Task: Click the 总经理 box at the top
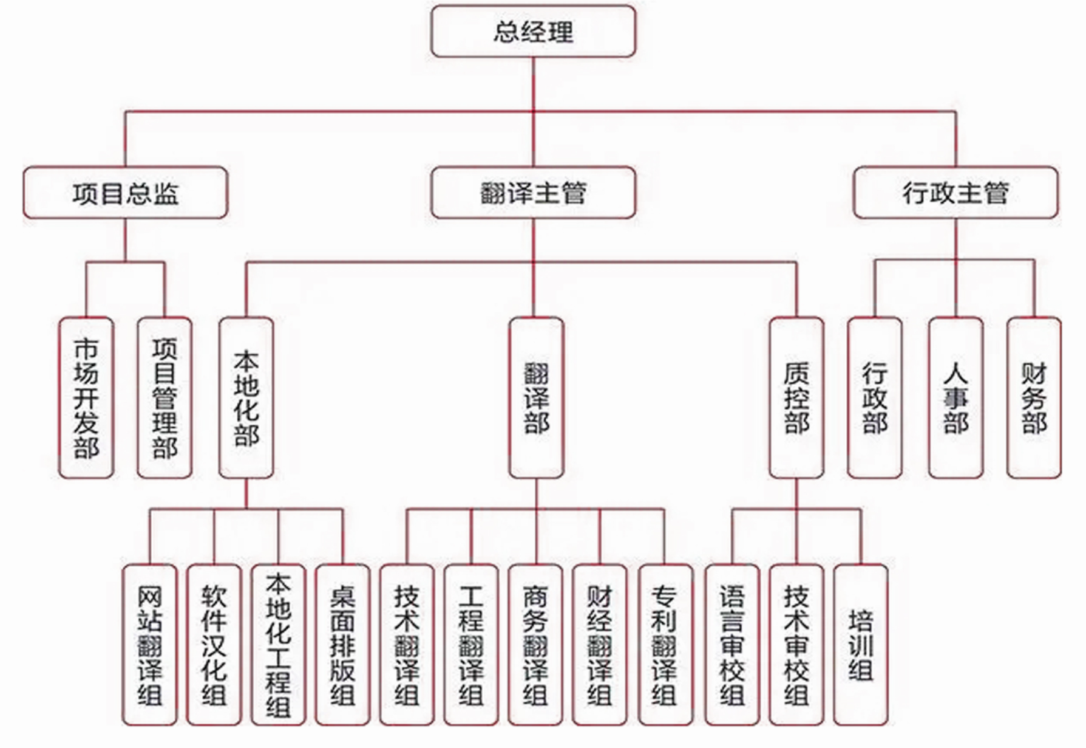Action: tap(533, 32)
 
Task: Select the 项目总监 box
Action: tap(125, 193)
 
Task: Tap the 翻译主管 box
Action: tap(533, 193)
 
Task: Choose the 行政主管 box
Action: tap(955, 193)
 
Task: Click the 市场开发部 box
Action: tap(86, 397)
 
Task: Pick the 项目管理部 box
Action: tap(165, 397)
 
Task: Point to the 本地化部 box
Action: tap(246, 397)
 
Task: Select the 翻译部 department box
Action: tap(536, 397)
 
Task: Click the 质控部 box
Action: tap(796, 397)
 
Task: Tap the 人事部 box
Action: tap(955, 397)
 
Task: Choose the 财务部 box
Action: tap(1034, 397)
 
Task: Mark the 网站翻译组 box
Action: tap(149, 645)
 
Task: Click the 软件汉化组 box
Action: tap(214, 645)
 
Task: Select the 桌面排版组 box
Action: tap(342, 645)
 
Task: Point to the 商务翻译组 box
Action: tap(535, 645)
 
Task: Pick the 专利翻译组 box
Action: tap(665, 645)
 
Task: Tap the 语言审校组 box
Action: tap(732, 645)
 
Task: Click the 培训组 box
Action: tap(861, 645)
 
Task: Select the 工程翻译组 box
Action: tap(471, 645)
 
